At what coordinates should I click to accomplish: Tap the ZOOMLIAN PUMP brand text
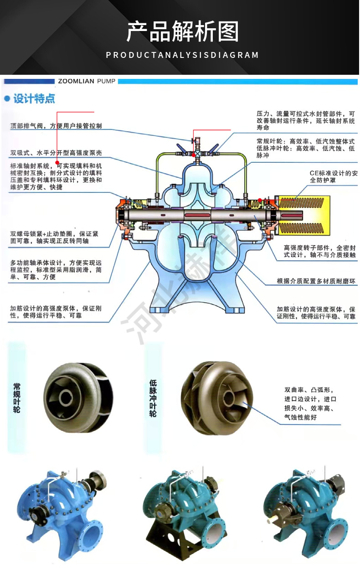(87, 81)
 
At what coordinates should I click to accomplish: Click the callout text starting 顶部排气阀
(56, 126)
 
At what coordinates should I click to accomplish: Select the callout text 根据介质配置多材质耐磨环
(316, 281)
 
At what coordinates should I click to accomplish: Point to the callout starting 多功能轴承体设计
(56, 270)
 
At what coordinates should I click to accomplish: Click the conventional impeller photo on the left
(78, 396)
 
